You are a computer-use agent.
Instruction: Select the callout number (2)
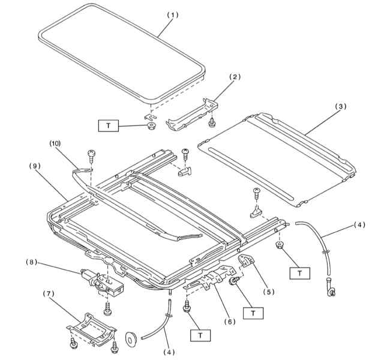[235, 77]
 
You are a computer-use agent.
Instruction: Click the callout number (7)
[49, 293]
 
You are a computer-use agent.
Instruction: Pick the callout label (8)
[31, 262]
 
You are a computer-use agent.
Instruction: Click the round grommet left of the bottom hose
[131, 339]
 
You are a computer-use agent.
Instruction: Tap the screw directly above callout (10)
[92, 155]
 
